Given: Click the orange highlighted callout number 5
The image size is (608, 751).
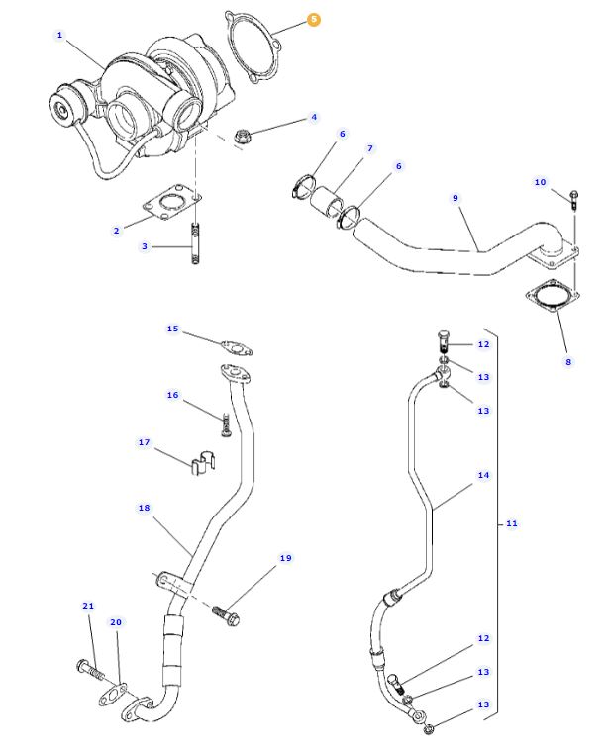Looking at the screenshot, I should [314, 19].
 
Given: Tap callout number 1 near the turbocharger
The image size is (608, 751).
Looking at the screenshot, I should [59, 36].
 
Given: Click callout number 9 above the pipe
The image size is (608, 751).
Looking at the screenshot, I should [456, 198].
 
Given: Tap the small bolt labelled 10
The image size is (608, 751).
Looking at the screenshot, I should [574, 198].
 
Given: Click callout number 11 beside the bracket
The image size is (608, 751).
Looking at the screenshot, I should [512, 522].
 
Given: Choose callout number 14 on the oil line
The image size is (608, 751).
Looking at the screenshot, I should [483, 476].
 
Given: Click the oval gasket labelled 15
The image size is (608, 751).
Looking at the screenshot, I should [235, 347].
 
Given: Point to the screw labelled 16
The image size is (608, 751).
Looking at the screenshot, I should [226, 426].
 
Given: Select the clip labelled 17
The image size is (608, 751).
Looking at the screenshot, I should [202, 462].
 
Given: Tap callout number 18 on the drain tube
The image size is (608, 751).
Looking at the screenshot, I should [144, 508].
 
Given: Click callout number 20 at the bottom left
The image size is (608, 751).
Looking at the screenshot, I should [115, 622].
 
